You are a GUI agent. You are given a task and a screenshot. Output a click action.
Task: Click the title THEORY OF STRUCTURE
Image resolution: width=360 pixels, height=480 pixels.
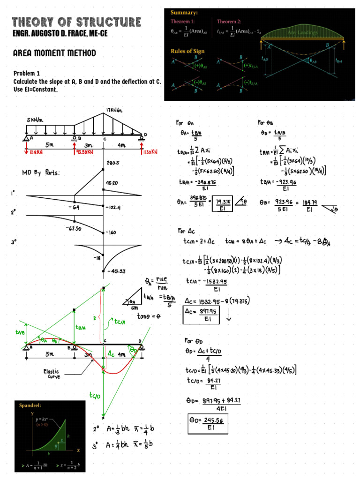(76, 22)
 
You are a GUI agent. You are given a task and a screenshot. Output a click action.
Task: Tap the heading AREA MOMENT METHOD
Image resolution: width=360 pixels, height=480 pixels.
(54, 53)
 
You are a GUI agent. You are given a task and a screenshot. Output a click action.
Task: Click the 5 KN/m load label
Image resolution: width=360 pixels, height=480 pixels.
(36, 120)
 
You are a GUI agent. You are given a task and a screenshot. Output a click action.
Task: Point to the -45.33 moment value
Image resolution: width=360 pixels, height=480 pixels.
(115, 271)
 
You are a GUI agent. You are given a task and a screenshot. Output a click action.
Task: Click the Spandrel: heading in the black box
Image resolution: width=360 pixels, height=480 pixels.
(30, 405)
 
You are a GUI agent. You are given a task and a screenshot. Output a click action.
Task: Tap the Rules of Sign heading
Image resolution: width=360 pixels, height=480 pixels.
(187, 51)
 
